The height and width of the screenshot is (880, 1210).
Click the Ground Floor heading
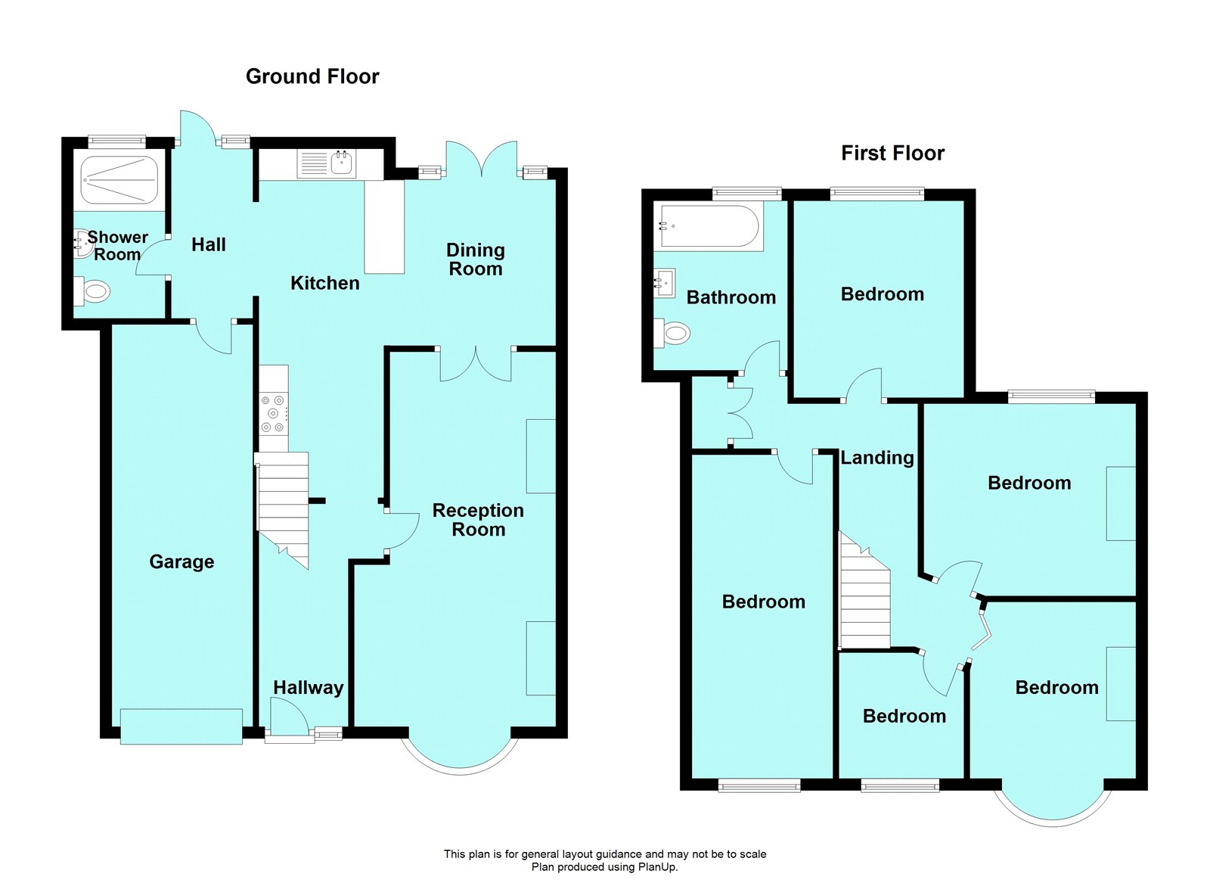click(x=312, y=76)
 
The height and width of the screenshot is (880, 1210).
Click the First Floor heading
click(x=892, y=153)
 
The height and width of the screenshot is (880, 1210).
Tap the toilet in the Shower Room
click(x=94, y=291)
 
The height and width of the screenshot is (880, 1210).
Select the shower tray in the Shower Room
click(x=119, y=180)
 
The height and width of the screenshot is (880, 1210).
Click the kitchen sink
click(x=342, y=163)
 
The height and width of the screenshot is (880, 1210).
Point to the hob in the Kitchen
click(x=272, y=413)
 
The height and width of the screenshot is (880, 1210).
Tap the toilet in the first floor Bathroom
click(x=673, y=332)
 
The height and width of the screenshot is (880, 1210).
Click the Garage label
click(x=181, y=561)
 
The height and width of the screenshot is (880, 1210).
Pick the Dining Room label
click(x=475, y=259)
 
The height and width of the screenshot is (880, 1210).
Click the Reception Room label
click(x=478, y=520)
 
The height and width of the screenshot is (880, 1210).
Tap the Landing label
click(x=877, y=458)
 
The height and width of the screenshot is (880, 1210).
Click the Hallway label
click(x=308, y=687)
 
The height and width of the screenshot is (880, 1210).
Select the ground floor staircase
click(x=284, y=507)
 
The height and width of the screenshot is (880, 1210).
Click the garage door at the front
click(x=181, y=726)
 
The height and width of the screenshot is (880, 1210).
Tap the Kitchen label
click(x=325, y=283)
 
